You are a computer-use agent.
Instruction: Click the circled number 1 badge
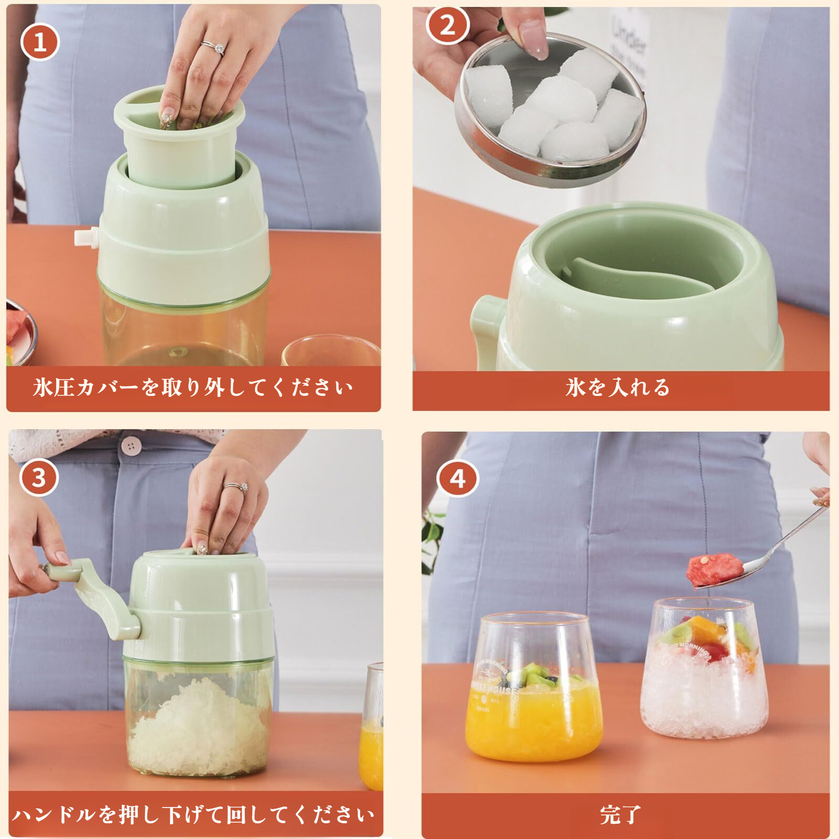click(40, 42)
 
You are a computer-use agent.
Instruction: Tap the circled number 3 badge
click(39, 478)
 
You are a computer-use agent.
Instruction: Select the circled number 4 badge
click(458, 478)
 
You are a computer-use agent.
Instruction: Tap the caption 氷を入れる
click(618, 388)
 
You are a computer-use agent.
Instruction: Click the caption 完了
click(620, 814)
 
